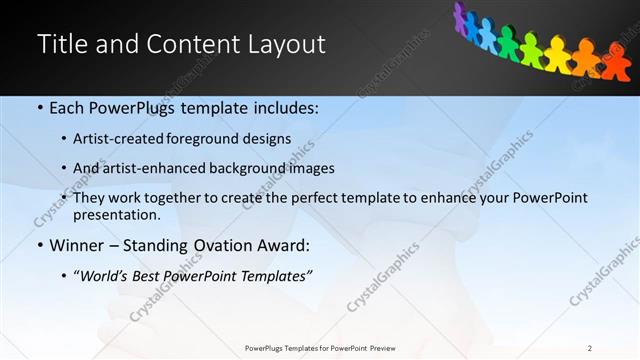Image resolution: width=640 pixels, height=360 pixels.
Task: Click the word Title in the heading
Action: pos(62,45)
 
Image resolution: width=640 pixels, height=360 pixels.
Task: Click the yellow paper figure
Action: pos(556,52)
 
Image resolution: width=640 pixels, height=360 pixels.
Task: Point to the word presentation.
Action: pos(116,215)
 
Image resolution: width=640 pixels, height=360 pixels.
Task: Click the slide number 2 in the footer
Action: pos(590,348)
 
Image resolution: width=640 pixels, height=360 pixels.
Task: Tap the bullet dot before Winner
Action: pos(39,246)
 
